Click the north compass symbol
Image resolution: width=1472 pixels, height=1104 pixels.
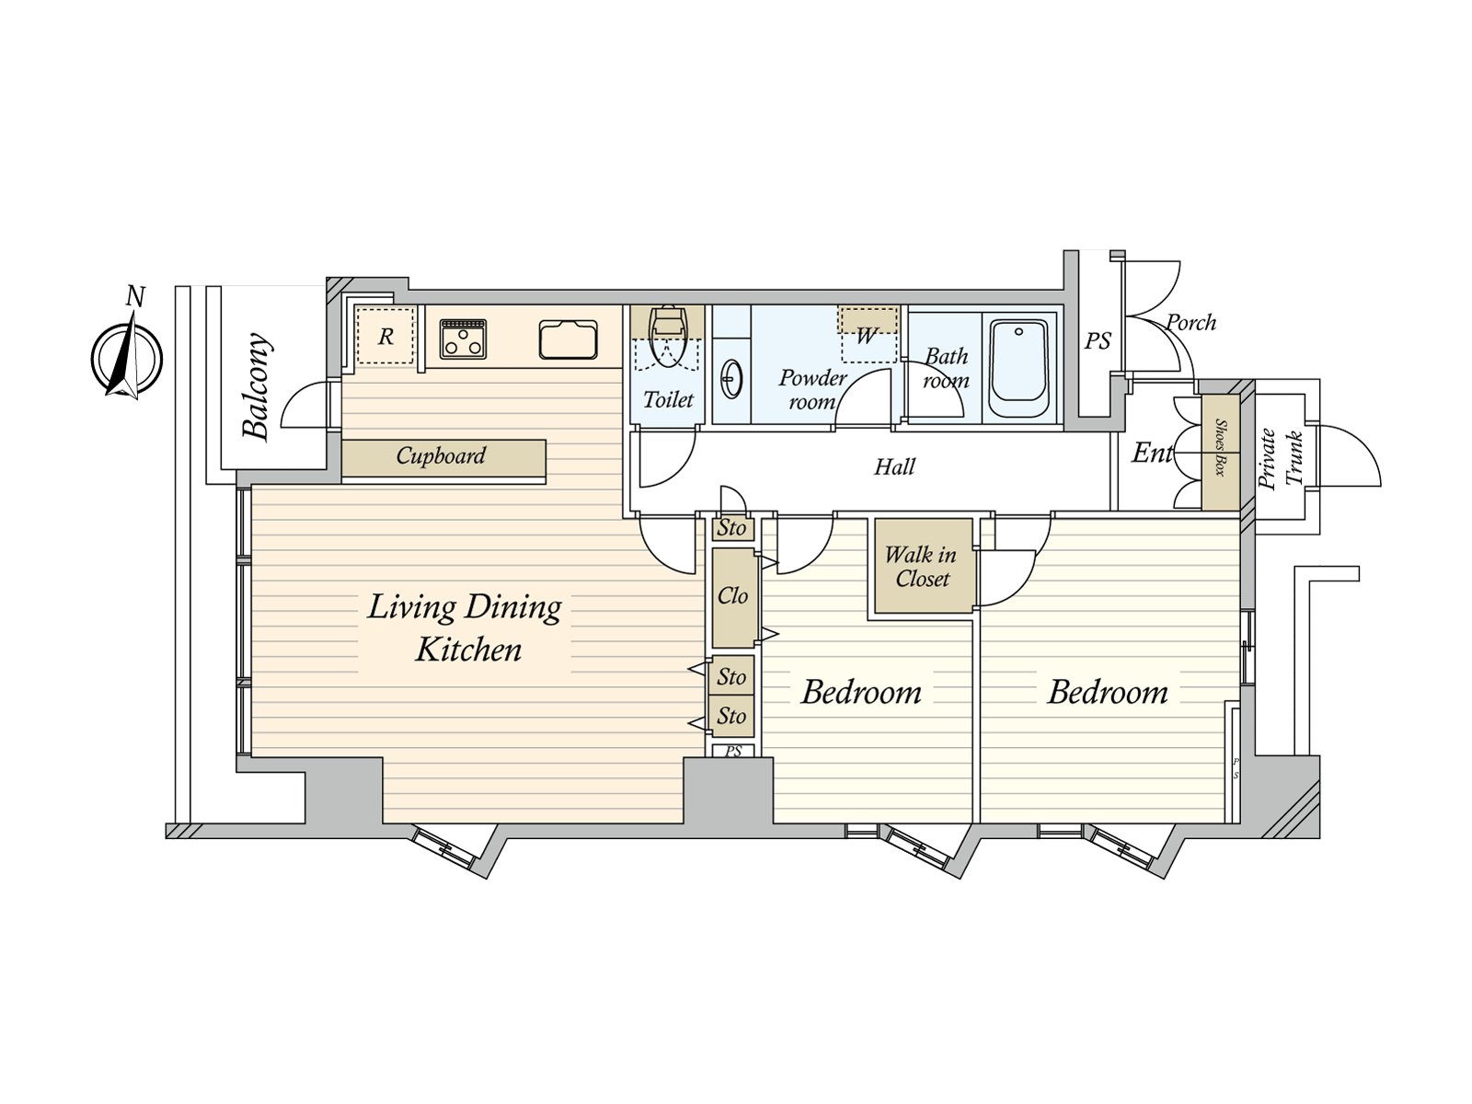(127, 356)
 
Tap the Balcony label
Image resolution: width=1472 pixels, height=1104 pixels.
(257, 386)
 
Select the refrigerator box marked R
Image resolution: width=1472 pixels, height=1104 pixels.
(385, 336)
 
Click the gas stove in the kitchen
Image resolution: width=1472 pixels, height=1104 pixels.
(463, 338)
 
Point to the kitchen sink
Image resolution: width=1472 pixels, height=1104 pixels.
(568, 339)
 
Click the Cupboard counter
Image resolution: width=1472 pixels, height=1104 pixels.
(443, 456)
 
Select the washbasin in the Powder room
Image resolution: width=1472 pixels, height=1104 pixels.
(732, 379)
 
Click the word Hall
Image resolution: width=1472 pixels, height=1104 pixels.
(894, 467)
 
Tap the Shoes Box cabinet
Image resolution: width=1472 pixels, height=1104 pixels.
(1221, 453)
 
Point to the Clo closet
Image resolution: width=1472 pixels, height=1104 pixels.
(732, 597)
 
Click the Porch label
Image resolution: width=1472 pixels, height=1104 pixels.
(1190, 323)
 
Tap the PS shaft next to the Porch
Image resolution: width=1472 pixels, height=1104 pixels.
(1097, 341)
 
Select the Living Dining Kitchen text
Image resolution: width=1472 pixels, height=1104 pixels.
(466, 627)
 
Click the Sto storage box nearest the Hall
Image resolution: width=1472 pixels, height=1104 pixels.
(732, 529)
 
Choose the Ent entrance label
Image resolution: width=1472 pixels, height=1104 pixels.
(1150, 453)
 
